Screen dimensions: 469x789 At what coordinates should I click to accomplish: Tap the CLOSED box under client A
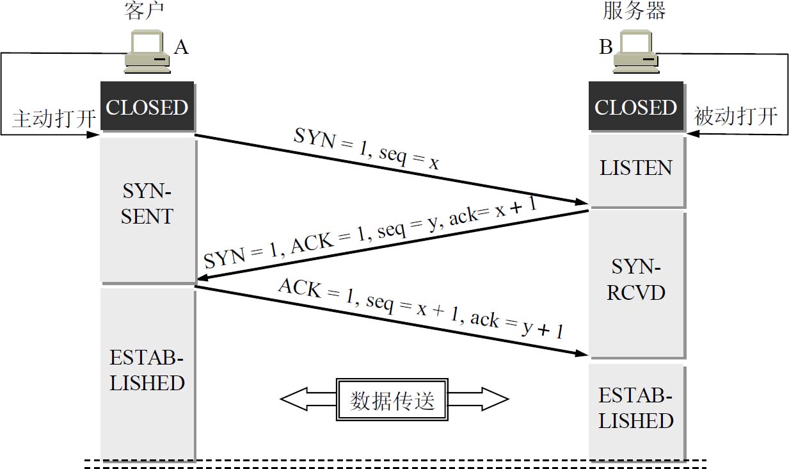tap(147, 107)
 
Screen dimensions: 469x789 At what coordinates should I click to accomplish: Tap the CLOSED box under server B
tap(635, 107)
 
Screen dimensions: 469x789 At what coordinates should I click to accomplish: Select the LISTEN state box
tap(636, 169)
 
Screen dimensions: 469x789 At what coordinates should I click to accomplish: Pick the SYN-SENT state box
tap(147, 204)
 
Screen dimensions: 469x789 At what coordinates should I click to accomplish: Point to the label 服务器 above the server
tap(634, 11)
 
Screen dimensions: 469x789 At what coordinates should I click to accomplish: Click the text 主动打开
tap(54, 119)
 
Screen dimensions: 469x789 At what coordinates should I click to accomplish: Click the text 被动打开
tap(735, 117)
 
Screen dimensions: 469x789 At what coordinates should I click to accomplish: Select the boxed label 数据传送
tap(393, 400)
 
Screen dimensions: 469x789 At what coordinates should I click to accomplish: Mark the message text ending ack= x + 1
tap(370, 234)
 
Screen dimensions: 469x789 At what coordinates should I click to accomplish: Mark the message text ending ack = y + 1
tap(420, 309)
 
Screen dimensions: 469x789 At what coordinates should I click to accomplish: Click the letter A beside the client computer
tap(181, 47)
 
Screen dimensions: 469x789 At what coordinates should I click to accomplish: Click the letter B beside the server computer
tap(605, 47)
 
